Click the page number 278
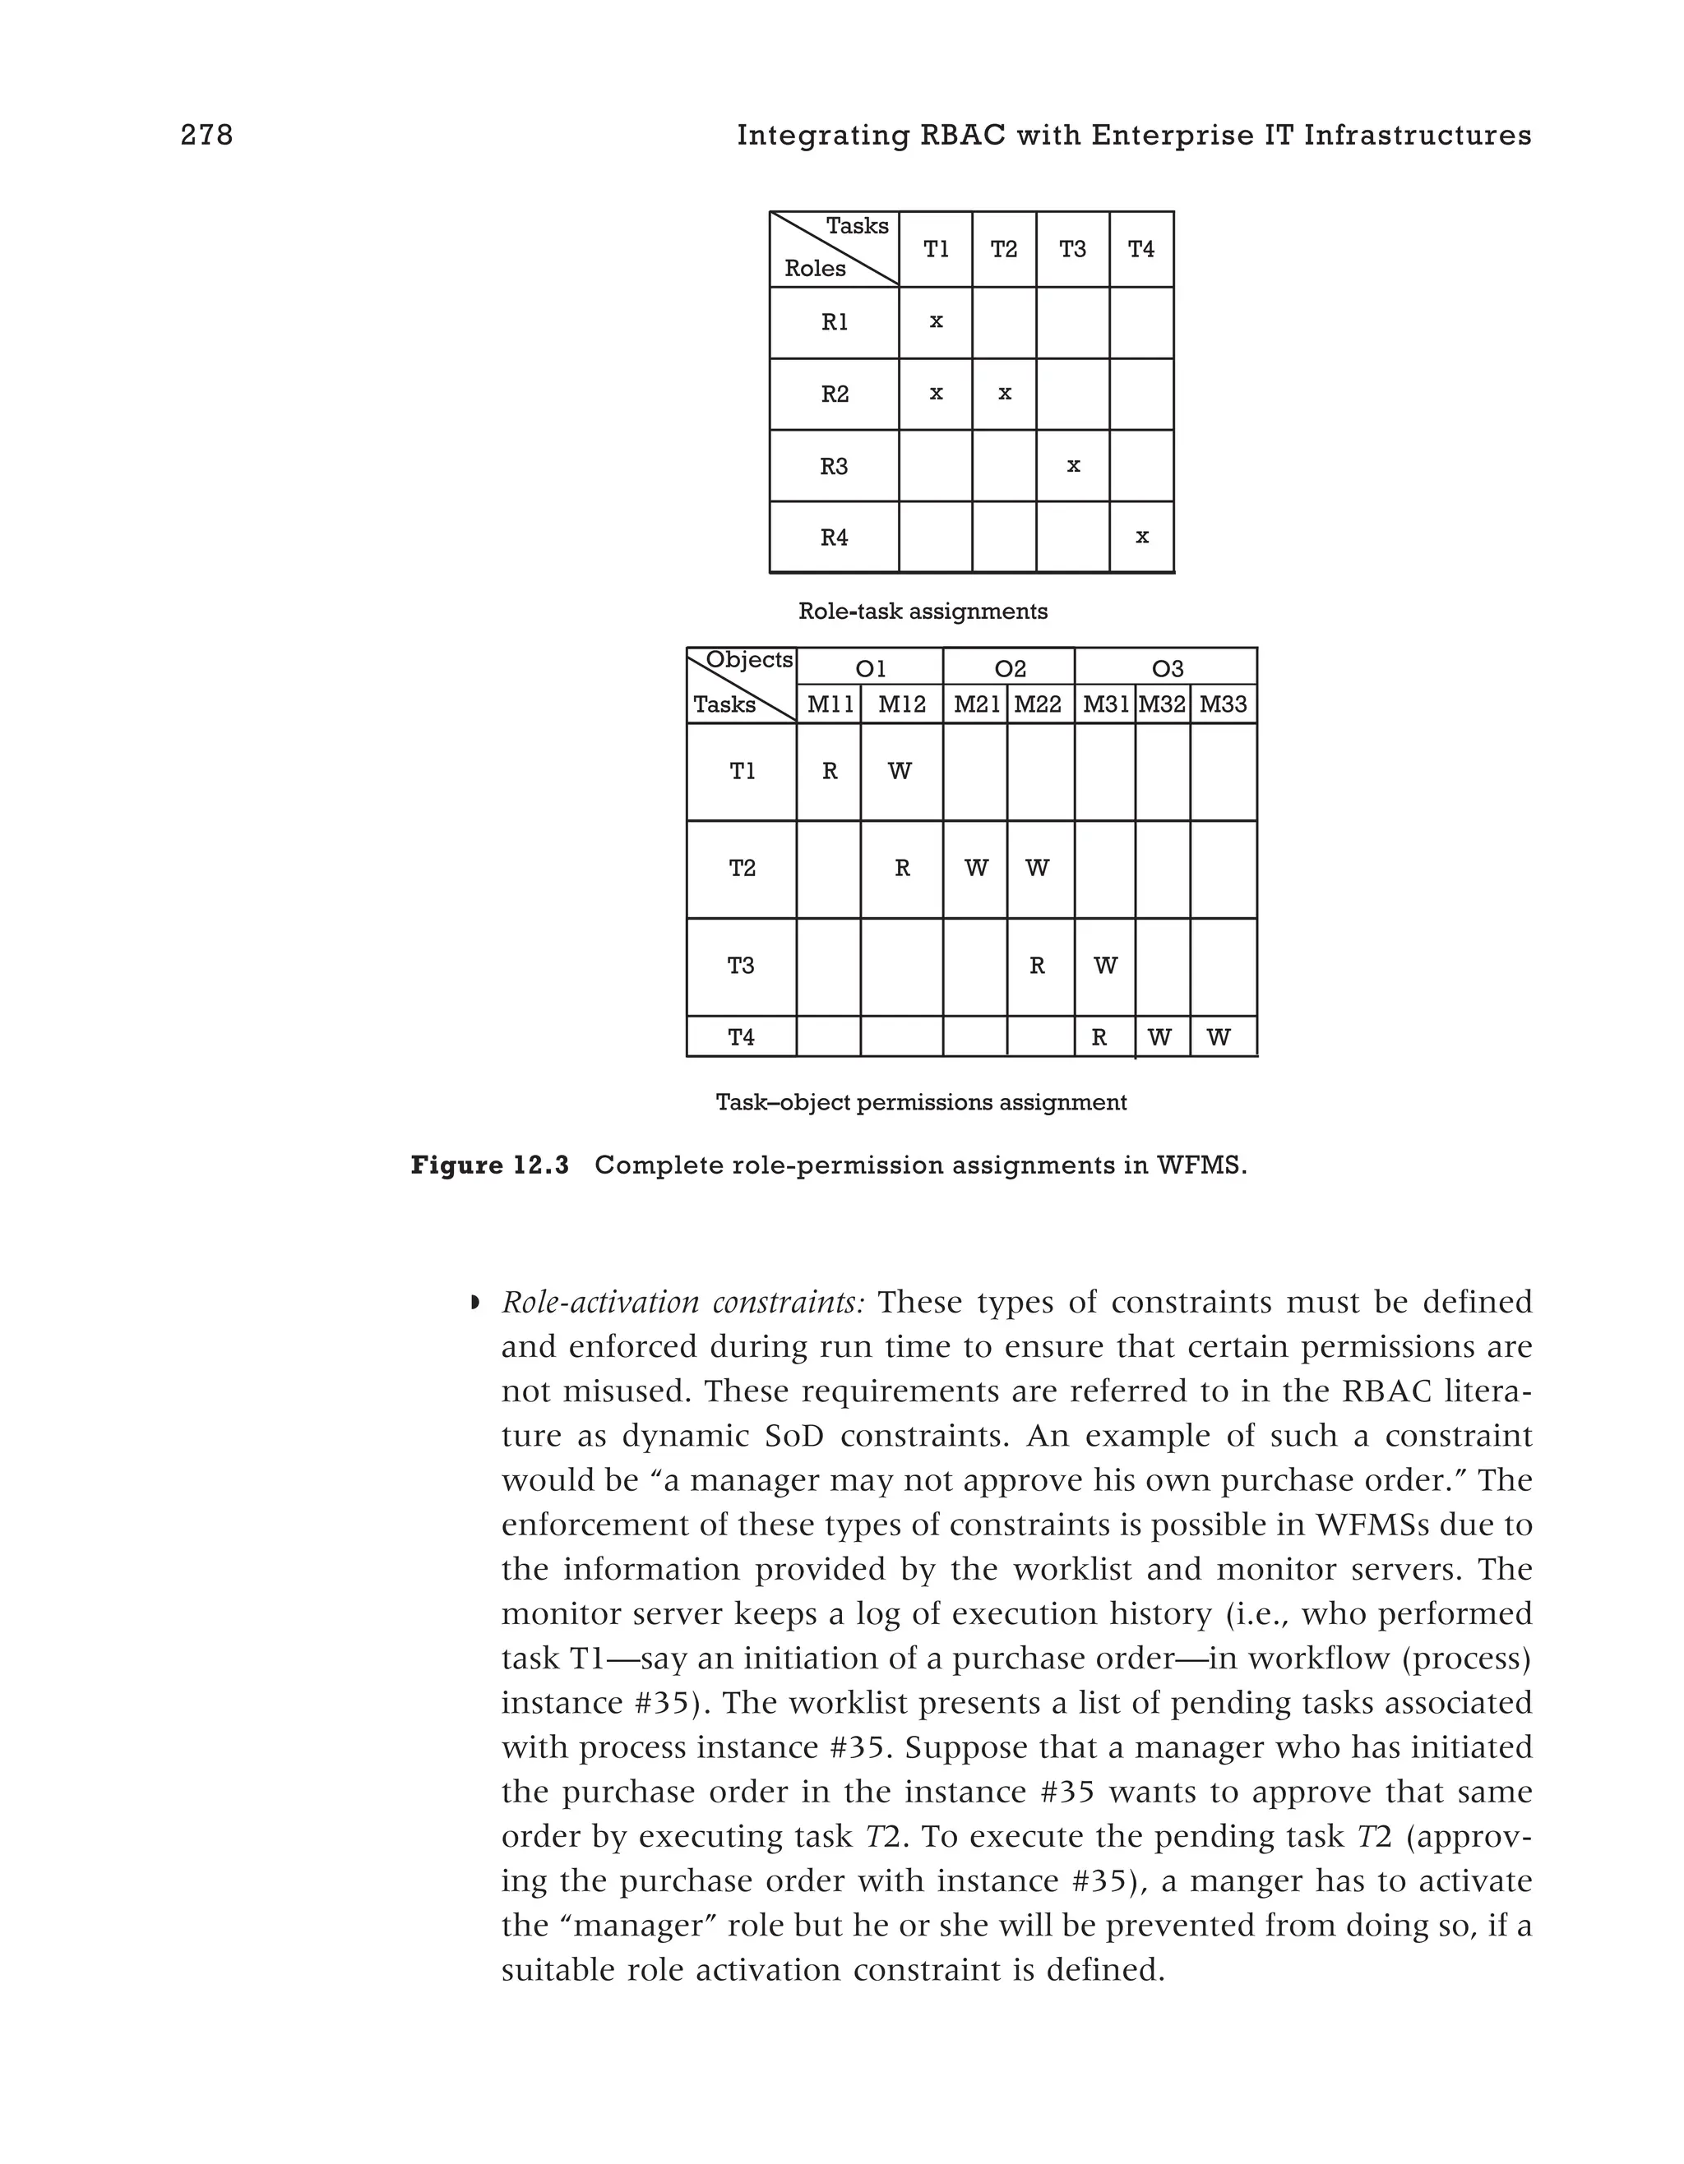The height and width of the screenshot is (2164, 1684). point(206,136)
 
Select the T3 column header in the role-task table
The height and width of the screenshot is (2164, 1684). point(1072,250)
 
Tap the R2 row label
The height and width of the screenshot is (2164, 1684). point(835,395)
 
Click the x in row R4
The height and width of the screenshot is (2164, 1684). point(1142,537)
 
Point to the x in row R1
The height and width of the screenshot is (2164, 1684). point(936,322)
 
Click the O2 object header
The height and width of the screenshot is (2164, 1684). point(1009,669)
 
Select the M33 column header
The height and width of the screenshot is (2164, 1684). point(1223,705)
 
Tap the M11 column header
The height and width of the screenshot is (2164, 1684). point(830,705)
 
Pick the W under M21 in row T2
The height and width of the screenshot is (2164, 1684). point(976,869)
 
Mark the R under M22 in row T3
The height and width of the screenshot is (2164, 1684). point(1037,966)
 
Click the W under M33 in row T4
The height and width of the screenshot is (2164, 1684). point(1219,1038)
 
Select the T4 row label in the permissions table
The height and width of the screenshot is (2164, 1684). point(742,1037)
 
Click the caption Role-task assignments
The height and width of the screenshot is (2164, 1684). point(922,611)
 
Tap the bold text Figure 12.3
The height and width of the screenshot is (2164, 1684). point(489,1165)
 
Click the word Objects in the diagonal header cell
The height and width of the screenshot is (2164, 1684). point(749,660)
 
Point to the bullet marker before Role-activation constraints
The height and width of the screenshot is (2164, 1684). point(474,1302)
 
